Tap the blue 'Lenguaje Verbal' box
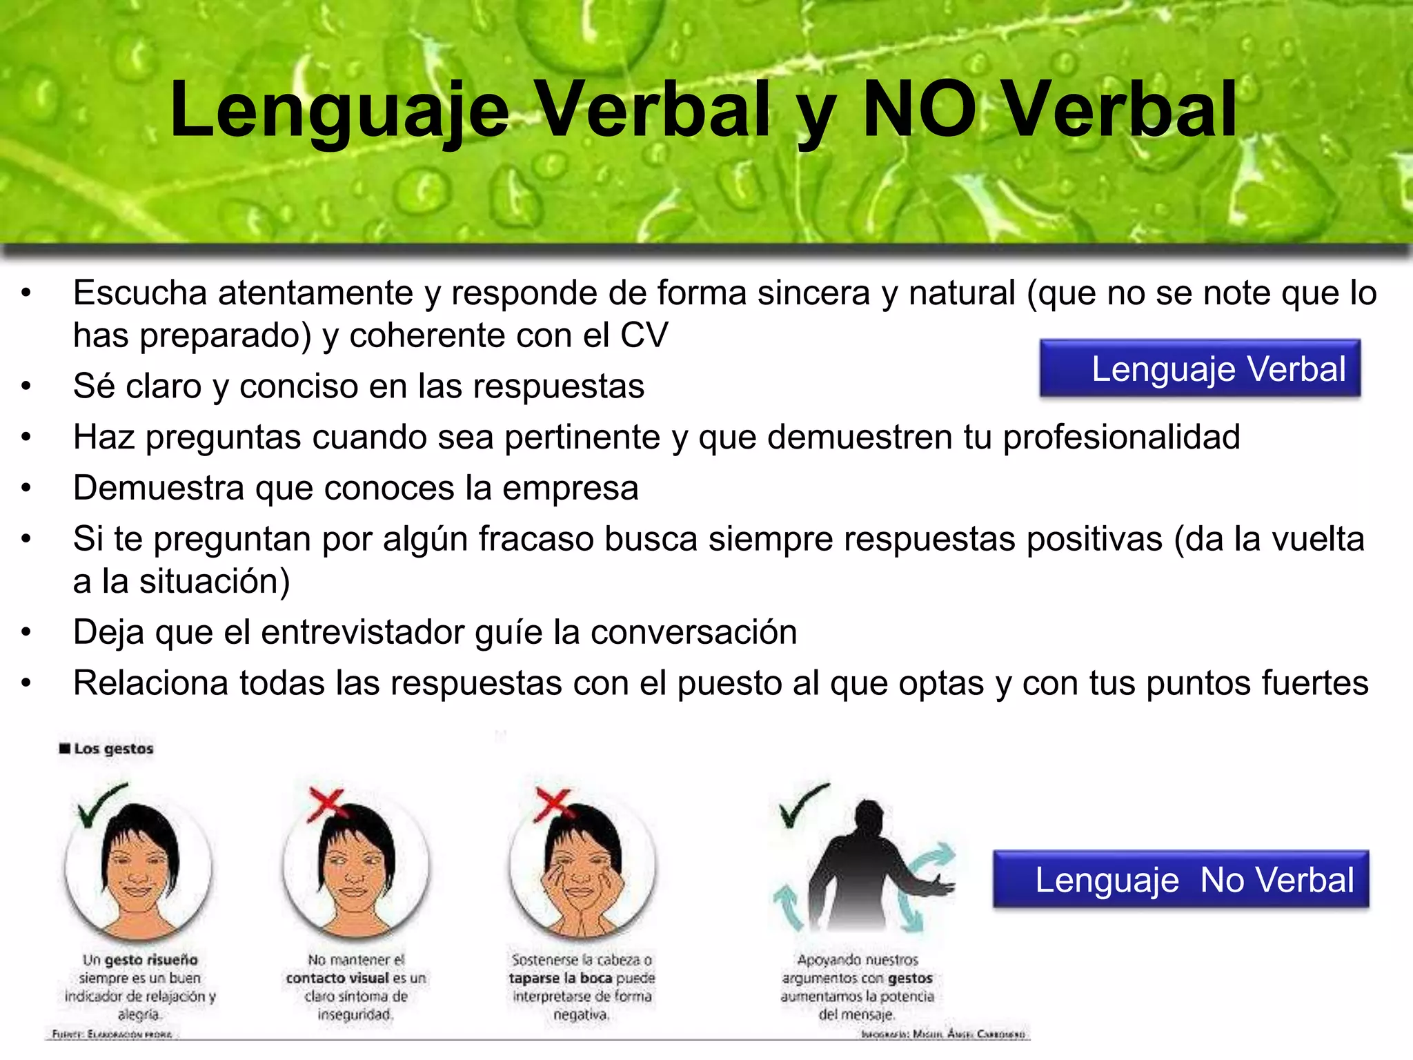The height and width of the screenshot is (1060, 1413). (x=1200, y=369)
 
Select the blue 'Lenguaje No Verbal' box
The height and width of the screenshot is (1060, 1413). (x=1180, y=879)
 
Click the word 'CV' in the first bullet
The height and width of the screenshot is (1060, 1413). (x=644, y=336)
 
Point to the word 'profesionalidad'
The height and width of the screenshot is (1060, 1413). (x=1121, y=438)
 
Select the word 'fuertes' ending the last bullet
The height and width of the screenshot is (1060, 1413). (x=1315, y=683)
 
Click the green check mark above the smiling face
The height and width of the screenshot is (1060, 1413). (x=101, y=805)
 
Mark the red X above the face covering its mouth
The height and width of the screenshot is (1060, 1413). (x=552, y=805)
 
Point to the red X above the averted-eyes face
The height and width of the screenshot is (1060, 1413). (x=326, y=804)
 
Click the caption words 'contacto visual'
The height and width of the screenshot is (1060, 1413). (x=337, y=979)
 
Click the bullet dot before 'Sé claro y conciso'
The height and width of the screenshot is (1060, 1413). (x=26, y=386)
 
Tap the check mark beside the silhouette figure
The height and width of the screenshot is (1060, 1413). (x=802, y=805)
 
